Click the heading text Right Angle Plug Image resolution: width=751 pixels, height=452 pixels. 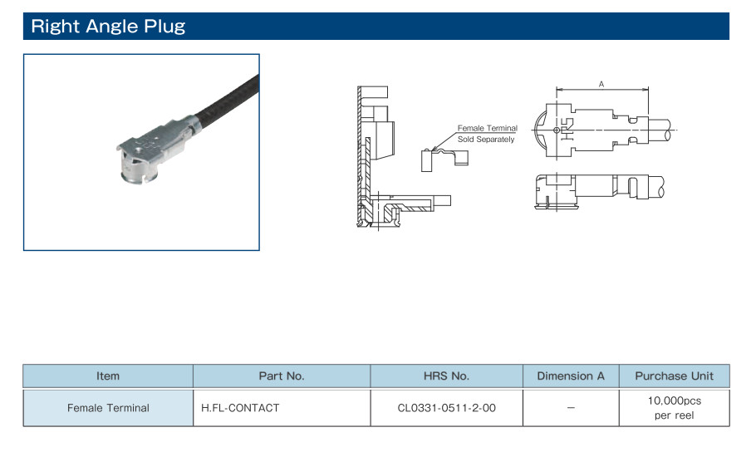(x=108, y=26)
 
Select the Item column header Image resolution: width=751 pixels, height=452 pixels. (x=108, y=376)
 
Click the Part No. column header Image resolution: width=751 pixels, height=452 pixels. (x=282, y=376)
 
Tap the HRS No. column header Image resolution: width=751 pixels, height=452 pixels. (x=446, y=376)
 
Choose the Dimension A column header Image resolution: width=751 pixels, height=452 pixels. (x=571, y=376)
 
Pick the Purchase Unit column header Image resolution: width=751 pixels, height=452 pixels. (x=674, y=376)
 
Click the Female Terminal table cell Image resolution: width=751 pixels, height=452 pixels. (x=108, y=408)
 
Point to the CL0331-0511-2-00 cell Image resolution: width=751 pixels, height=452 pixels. (x=446, y=408)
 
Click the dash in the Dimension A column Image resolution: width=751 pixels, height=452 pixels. (x=571, y=408)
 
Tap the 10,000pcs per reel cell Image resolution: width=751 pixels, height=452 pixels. (x=674, y=408)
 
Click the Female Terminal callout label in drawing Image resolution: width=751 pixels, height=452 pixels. (x=487, y=128)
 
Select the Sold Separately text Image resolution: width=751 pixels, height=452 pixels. (x=486, y=139)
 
